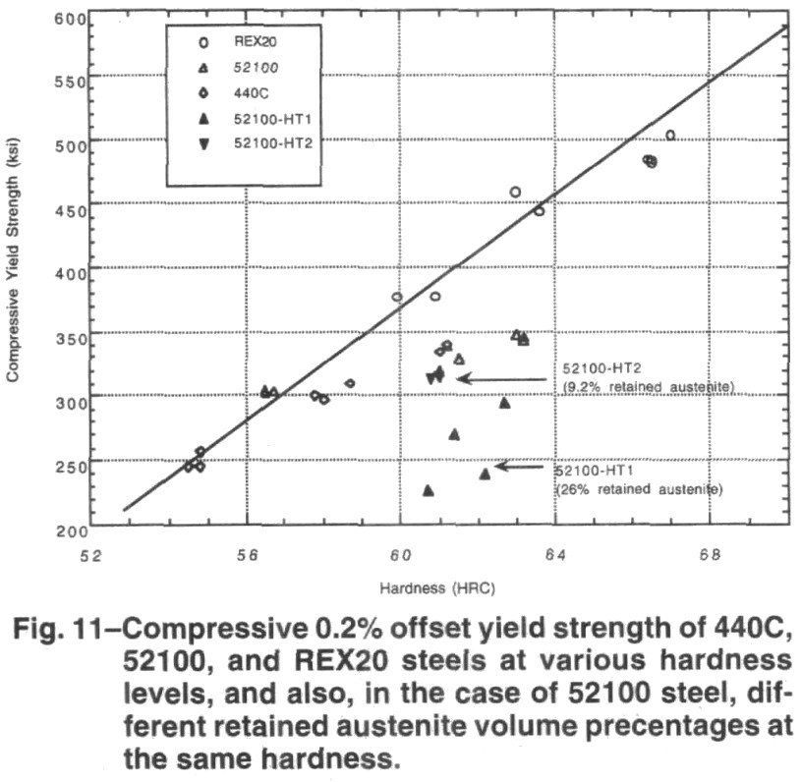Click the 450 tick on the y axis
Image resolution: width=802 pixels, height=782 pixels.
click(x=71, y=207)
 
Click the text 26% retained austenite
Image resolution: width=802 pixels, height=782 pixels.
click(x=640, y=488)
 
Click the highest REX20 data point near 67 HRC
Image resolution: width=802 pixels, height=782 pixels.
click(x=670, y=136)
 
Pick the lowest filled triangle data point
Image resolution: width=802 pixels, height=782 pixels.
click(x=428, y=490)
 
